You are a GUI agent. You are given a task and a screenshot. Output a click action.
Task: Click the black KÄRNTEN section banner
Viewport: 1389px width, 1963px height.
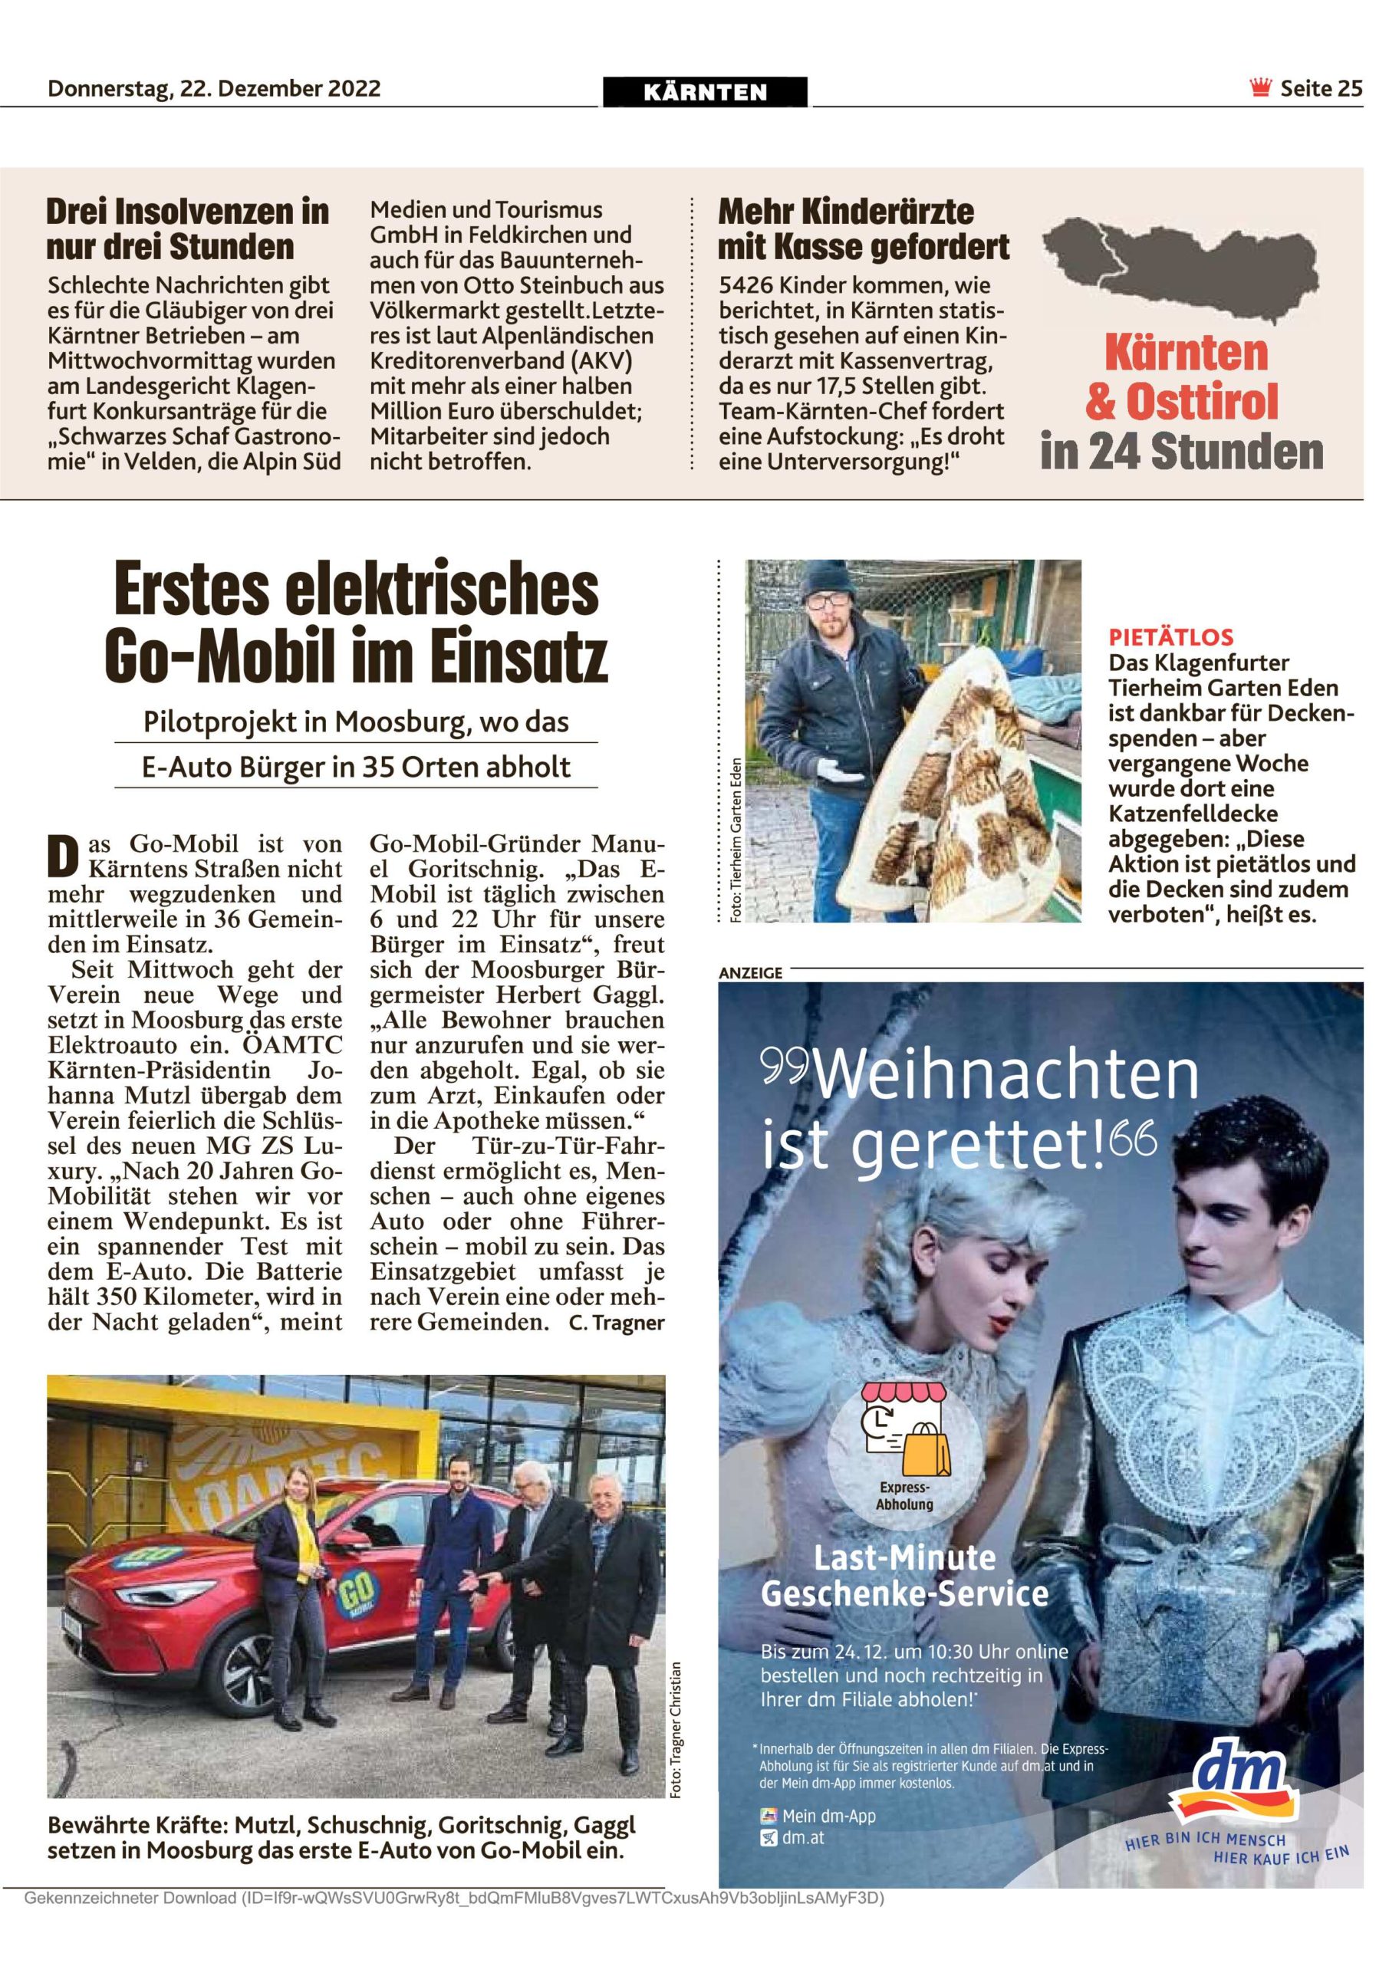pos(705,92)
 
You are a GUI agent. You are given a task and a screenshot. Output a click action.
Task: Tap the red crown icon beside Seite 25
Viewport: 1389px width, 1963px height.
pos(1260,88)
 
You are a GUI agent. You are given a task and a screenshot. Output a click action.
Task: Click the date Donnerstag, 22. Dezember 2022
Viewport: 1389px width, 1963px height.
pos(214,88)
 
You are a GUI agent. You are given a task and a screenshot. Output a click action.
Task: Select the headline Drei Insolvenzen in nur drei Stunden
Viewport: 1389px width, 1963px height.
pos(188,229)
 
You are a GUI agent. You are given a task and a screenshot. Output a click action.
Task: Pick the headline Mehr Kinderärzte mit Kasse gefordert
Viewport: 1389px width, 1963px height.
pos(864,229)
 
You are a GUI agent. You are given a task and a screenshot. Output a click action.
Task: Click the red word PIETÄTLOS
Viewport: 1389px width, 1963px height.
pos(1171,637)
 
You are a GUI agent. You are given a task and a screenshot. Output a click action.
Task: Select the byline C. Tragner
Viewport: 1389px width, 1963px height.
pos(616,1323)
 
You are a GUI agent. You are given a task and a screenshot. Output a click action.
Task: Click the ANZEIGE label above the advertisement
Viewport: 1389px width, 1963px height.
pos(751,973)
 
